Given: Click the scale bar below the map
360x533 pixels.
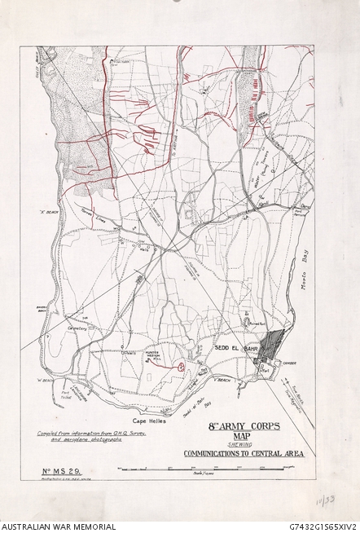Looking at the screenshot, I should click(x=204, y=468).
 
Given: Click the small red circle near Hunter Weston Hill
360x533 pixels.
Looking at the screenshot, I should click(x=178, y=366).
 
